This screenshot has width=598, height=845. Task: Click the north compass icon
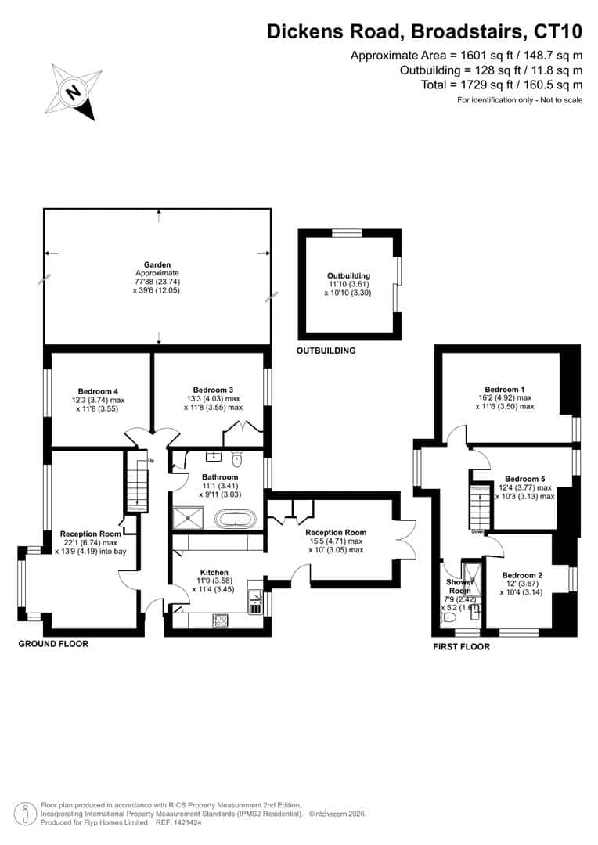[x=74, y=92]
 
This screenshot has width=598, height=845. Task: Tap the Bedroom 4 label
[x=98, y=391]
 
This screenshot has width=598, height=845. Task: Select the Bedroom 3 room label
[x=213, y=390]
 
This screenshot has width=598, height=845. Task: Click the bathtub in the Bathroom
[x=236, y=519]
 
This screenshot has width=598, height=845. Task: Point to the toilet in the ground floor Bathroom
[x=236, y=460]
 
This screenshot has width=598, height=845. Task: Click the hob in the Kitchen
[x=221, y=620]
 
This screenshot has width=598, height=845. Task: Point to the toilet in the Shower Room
[x=448, y=618]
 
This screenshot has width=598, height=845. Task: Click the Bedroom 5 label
[x=524, y=479]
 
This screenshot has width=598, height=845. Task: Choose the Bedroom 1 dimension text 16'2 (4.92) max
[x=502, y=397]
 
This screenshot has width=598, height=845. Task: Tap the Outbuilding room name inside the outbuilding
[x=348, y=276]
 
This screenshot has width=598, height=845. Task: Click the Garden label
[x=157, y=264]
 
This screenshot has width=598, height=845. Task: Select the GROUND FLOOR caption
[x=53, y=643]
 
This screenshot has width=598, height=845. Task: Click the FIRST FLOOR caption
[x=462, y=647]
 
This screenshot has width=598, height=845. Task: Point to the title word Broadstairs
[x=467, y=32]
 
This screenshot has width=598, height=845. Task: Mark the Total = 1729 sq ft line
[x=502, y=84]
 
